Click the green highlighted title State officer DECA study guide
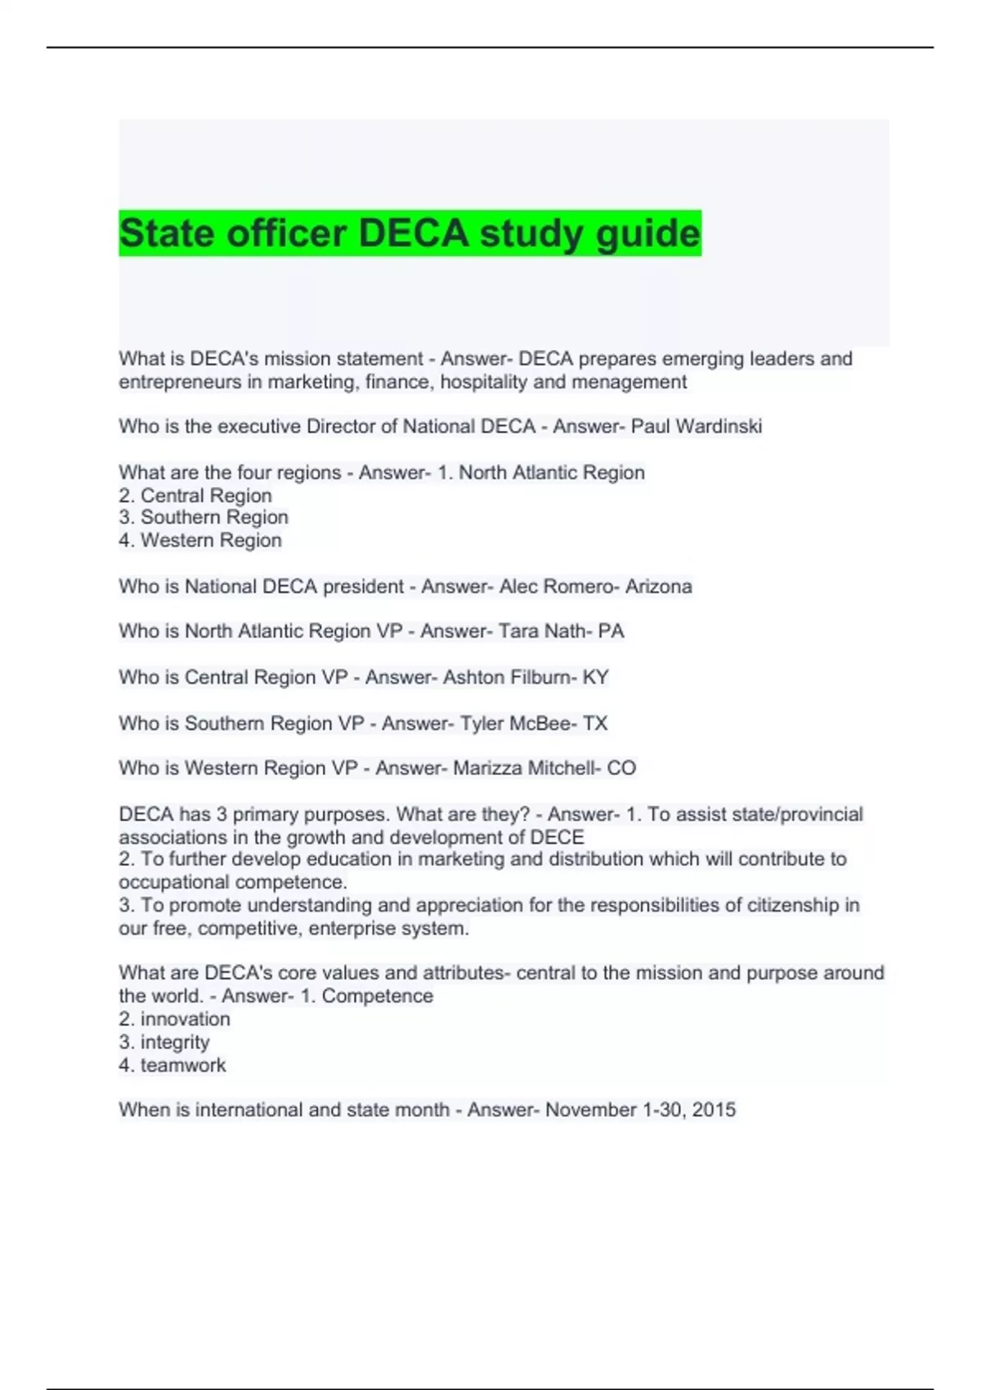tap(410, 233)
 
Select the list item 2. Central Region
tap(195, 495)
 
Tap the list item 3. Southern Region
tap(204, 518)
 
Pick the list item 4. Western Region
tap(200, 540)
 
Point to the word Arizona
tap(659, 586)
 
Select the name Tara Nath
tap(535, 631)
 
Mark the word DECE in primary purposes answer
tap(558, 837)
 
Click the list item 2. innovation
tap(174, 1019)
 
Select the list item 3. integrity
tap(164, 1042)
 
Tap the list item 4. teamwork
tap(172, 1065)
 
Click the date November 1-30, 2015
tap(640, 1110)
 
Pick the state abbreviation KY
tap(596, 677)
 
